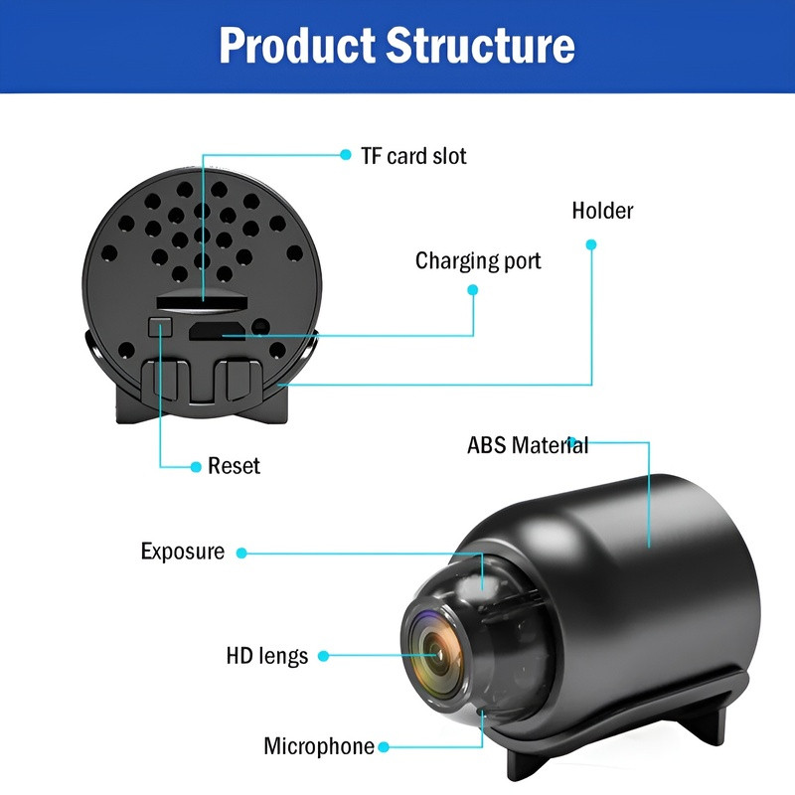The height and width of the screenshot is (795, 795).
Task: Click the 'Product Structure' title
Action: coord(397,46)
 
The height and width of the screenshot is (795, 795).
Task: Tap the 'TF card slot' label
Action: coord(413,156)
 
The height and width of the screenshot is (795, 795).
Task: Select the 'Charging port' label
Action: coord(478,261)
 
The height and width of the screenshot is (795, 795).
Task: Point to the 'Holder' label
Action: coord(602,211)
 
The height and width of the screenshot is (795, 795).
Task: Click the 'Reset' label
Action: coord(234,465)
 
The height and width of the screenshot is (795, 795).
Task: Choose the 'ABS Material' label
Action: coord(528,444)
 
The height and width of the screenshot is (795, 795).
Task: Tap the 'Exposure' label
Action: coord(183,552)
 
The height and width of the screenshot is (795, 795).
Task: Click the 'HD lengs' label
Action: coord(266,656)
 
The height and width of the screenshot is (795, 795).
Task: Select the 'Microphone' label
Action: coord(319,746)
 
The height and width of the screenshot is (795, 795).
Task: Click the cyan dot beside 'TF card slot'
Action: coord(346,155)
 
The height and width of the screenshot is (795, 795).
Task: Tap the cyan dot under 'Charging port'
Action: coord(473,290)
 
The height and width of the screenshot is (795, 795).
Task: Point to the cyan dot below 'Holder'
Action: coord(591,244)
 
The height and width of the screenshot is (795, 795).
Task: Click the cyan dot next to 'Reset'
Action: coord(195,465)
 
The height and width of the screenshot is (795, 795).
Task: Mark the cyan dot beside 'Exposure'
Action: coord(240,553)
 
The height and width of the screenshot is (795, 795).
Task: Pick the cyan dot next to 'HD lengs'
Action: coord(324,656)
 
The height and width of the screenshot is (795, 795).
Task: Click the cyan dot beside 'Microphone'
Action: coord(384,746)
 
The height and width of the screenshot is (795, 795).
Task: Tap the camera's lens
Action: coord(435,655)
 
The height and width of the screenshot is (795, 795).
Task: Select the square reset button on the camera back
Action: coord(159,326)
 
